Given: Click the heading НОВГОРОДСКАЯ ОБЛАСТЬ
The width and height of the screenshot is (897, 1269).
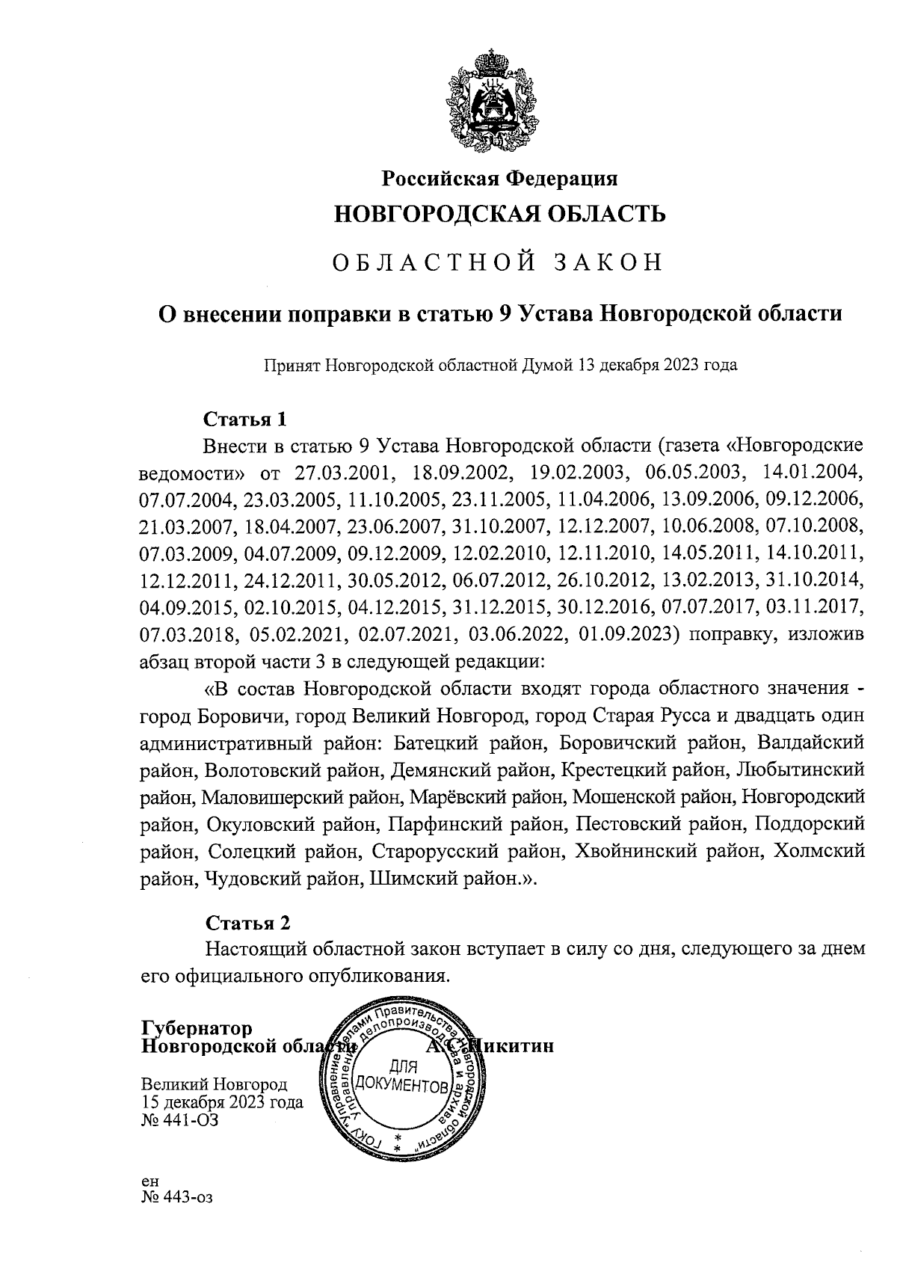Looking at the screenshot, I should (x=499, y=215).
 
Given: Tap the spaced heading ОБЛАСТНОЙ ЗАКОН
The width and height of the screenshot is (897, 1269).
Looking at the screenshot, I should (x=497, y=263).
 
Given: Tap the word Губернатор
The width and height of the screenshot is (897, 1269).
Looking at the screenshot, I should (x=197, y=1029).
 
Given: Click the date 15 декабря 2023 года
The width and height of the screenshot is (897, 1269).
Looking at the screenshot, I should (x=222, y=1101).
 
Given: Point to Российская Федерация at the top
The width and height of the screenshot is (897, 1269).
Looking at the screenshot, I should (x=500, y=179).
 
